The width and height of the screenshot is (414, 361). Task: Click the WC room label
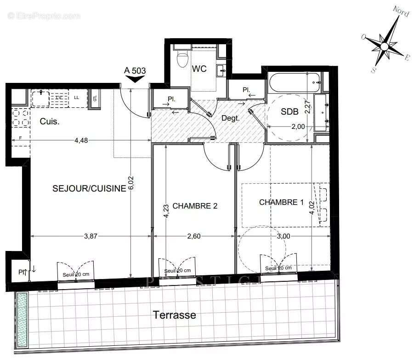(x=199, y=69)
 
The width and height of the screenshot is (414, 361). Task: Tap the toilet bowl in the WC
(x=183, y=58)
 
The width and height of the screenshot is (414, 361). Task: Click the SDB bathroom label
(x=290, y=112)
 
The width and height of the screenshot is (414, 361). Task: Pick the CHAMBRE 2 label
(x=195, y=206)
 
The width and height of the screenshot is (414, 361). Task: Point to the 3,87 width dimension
(x=91, y=236)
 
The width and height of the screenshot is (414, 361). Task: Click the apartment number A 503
(x=135, y=70)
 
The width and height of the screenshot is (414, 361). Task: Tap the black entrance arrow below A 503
(x=135, y=79)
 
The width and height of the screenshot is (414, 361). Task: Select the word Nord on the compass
(x=401, y=12)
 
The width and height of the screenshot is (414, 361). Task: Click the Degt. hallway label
(x=230, y=118)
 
